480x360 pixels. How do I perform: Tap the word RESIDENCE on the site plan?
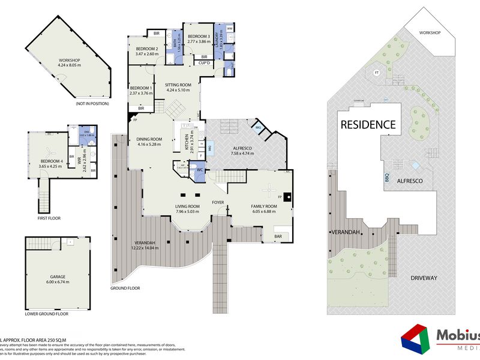tap(368, 125)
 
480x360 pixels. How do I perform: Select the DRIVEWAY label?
tap(424, 278)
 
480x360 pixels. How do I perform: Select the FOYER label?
tap(218, 203)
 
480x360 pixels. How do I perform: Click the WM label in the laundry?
tap(230, 28)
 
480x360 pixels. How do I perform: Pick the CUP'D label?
tap(204, 62)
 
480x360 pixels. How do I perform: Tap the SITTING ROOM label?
tap(178, 85)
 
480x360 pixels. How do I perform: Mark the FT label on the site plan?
tap(376, 73)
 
